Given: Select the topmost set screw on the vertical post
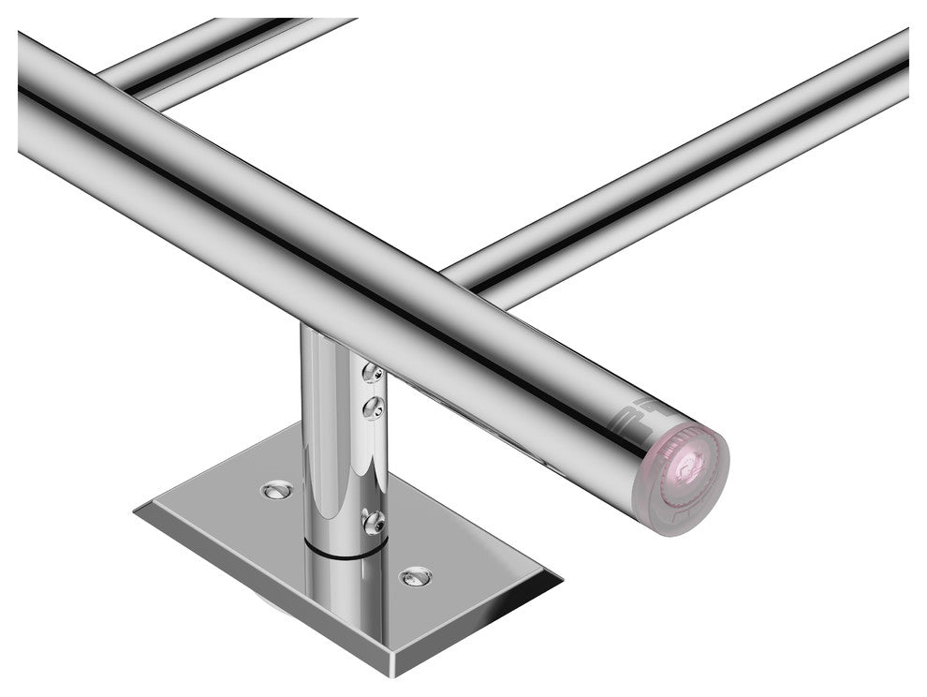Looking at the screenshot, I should tap(372, 374).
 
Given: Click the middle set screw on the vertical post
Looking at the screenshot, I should tap(374, 407).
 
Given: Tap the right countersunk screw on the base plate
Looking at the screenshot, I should tap(415, 575).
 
